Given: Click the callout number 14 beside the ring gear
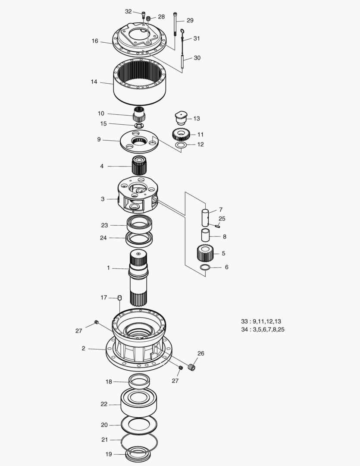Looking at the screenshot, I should [94, 82].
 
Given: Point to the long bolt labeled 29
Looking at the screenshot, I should [175, 25].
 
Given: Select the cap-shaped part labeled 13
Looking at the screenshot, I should [180, 117].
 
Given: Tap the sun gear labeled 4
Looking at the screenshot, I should [139, 166].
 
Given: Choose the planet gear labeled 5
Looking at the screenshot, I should [205, 253].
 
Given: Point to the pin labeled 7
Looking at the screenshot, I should [206, 216].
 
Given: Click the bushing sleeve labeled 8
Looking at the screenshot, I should [206, 236].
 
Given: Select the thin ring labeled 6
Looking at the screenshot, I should [205, 268].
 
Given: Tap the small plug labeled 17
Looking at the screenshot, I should [119, 298].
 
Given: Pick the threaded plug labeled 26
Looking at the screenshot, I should [191, 368].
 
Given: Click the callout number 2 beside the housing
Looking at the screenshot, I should [84, 348].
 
